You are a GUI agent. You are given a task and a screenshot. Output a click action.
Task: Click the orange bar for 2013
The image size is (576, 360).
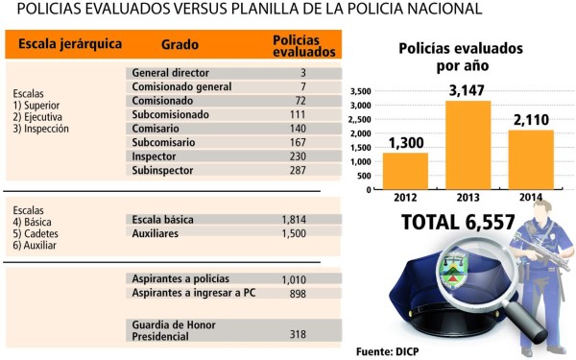[x=468, y=144]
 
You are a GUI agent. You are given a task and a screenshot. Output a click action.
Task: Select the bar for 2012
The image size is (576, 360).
[x=405, y=170]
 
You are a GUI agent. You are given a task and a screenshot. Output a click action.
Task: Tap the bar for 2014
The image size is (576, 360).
[x=531, y=158]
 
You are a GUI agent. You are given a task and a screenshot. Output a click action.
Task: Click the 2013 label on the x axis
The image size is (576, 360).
[x=468, y=196]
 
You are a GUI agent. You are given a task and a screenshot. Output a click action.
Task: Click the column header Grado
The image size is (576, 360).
[x=180, y=44]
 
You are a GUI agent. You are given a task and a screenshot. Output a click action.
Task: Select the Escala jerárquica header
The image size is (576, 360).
[x=59, y=44]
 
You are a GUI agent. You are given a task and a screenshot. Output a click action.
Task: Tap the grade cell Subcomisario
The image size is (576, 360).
[x=164, y=142]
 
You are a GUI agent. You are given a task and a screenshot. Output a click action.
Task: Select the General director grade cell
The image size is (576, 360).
[x=169, y=73]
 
